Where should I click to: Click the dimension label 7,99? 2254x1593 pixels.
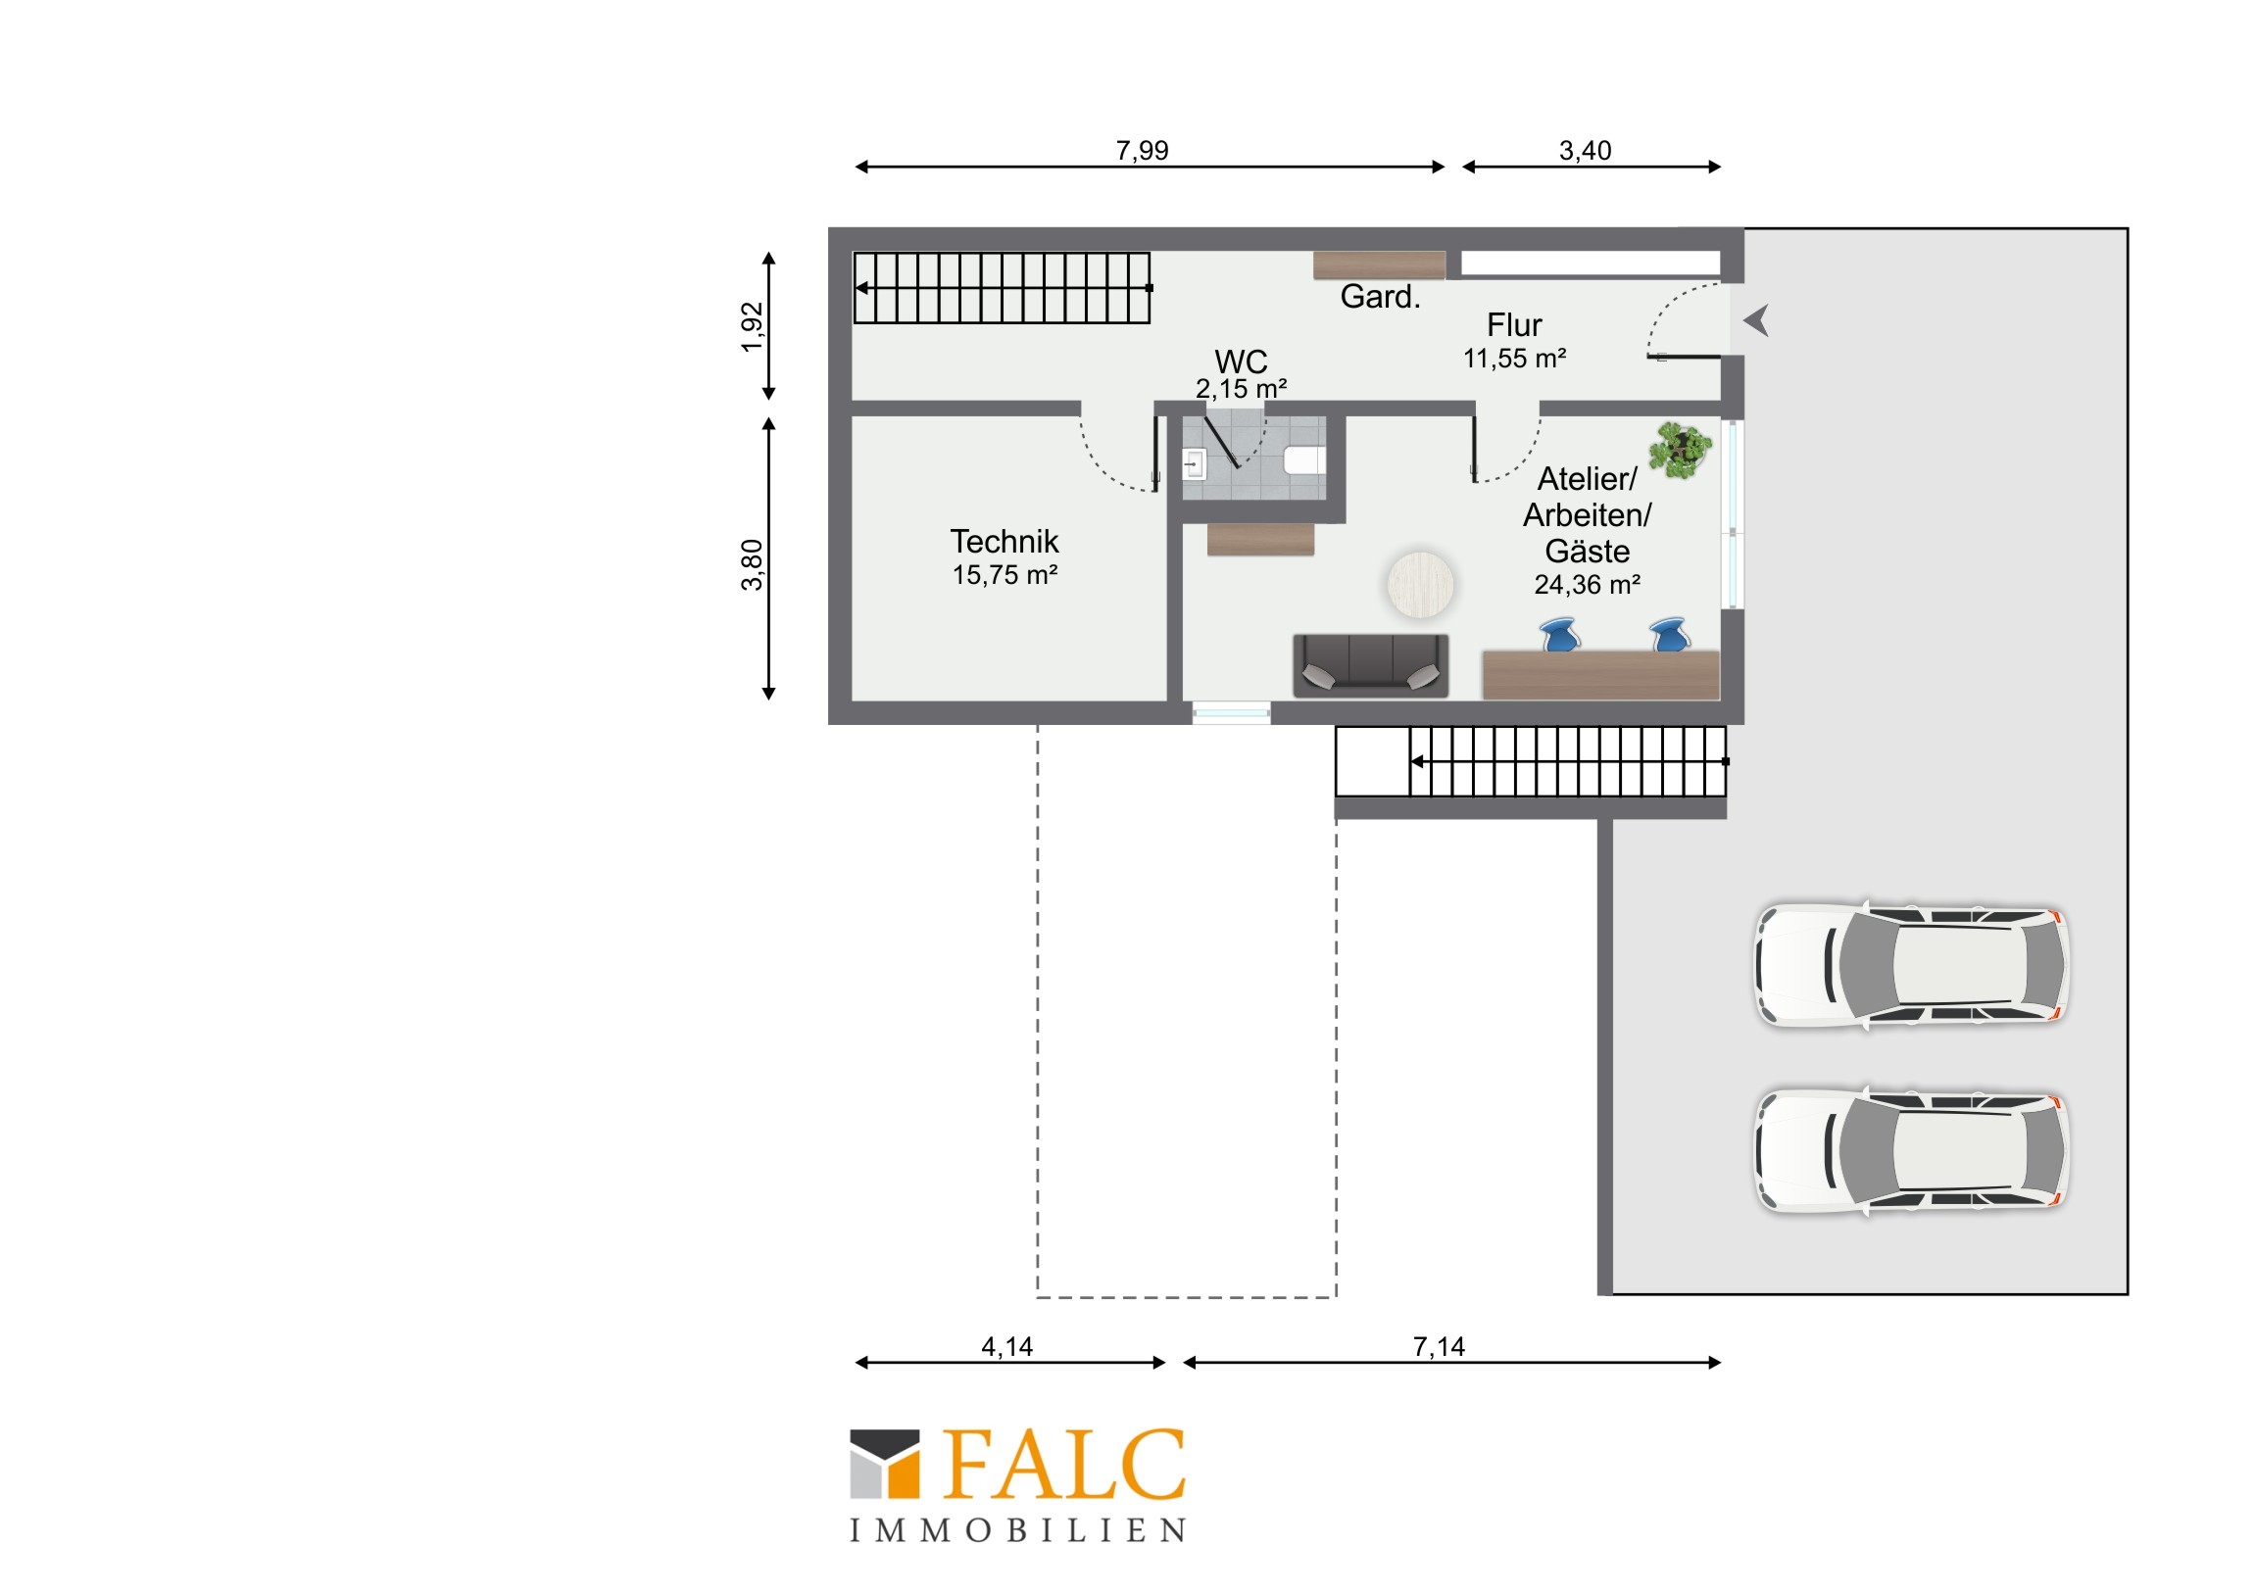click(x=1142, y=150)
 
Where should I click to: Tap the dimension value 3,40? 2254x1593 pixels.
click(x=1585, y=150)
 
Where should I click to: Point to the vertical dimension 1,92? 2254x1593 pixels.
click(x=752, y=327)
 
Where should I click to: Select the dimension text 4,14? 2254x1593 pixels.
click(x=1007, y=1347)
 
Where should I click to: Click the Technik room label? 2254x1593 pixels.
click(x=1004, y=542)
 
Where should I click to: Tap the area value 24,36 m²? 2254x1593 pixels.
click(x=1588, y=585)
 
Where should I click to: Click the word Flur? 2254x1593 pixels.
click(x=1514, y=325)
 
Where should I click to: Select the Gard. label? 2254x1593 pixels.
click(x=1380, y=297)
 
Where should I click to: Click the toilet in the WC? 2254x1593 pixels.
click(x=1304, y=459)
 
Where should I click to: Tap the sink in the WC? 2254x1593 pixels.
click(x=1194, y=463)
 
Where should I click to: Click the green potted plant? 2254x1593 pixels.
click(x=1680, y=451)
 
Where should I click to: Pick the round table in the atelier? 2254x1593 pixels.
click(x=1420, y=585)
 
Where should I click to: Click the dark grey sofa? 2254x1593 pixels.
click(x=1370, y=665)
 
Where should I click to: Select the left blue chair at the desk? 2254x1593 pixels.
click(x=1560, y=635)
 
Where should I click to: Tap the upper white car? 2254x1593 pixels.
click(x=1911, y=966)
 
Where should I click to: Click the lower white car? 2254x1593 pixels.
click(x=1911, y=1150)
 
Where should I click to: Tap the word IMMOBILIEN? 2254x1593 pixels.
click(x=1017, y=1531)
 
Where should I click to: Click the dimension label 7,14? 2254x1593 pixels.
click(x=1440, y=1347)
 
